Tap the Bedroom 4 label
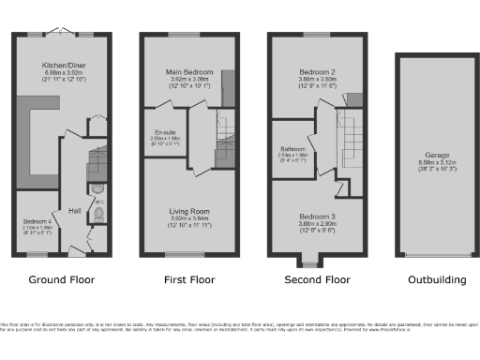click(37, 222)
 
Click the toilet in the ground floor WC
click(100, 218)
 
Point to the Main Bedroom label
click(190, 72)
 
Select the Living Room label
click(190, 212)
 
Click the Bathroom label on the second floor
click(293, 148)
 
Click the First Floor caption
click(189, 279)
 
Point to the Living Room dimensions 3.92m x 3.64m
click(190, 219)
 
